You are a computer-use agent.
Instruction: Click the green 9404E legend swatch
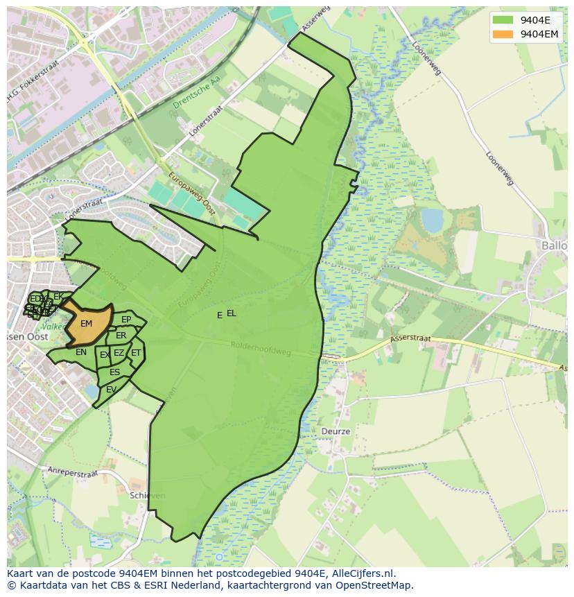point(503,19)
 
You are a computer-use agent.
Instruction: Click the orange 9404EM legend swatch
point(503,34)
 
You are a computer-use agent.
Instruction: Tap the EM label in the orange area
point(86,324)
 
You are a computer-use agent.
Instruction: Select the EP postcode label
point(126,320)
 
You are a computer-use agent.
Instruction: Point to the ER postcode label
point(121,336)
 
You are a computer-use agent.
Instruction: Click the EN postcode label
point(81,352)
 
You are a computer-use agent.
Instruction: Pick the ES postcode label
point(114,372)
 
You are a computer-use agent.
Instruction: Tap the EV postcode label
point(111,390)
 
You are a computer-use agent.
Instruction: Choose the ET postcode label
point(136,353)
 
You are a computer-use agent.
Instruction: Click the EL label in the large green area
point(232,313)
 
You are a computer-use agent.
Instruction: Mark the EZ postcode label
point(119,354)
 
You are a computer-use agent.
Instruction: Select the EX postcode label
point(105,355)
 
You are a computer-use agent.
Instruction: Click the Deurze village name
point(336,431)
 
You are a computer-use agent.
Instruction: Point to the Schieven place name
point(147,496)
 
